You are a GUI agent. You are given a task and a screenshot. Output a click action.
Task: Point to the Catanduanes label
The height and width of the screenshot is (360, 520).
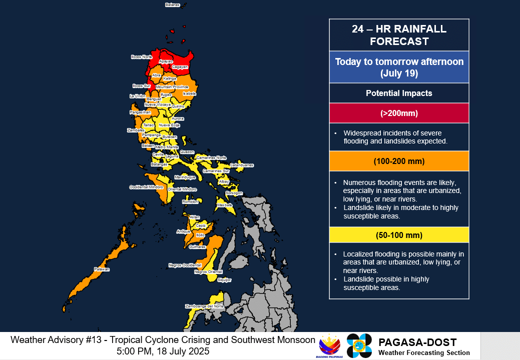pos(242,165)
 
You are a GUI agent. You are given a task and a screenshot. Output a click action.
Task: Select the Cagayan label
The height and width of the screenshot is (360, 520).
pos(180,66)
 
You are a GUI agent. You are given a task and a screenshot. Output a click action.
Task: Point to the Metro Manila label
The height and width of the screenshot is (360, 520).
pos(167,147)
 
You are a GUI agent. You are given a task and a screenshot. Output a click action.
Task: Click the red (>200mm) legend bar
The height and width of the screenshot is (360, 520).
pos(399,113)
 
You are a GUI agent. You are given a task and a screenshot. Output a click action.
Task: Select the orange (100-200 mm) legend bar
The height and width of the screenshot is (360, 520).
pos(399,161)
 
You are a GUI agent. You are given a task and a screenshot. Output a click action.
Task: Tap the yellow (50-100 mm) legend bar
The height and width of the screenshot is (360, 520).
pos(399,235)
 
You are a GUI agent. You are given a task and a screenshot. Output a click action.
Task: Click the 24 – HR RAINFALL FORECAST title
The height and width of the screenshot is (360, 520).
pos(399,35)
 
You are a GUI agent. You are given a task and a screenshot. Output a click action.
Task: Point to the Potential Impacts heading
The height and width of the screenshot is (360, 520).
pos(399,93)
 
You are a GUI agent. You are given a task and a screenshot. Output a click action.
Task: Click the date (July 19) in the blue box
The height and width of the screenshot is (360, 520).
pos(399,73)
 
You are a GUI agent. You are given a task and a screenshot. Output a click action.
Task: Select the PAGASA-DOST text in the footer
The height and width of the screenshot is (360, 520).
pos(417,342)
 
